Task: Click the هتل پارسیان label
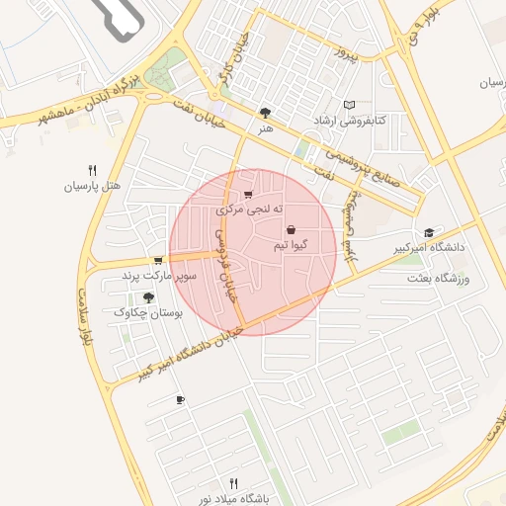92,185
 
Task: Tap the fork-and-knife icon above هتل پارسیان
92,169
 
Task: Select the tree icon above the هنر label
264,113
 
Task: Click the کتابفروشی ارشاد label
379,120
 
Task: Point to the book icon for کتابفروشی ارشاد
348,105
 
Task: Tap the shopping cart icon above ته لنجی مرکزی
247,195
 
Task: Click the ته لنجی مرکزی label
250,210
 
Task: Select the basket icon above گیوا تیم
290,229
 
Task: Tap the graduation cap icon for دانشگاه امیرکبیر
428,232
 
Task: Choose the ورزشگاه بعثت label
439,279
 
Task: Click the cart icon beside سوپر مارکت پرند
158,261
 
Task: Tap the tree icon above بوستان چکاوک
149,296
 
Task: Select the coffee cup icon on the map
179,399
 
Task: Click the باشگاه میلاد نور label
233,499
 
